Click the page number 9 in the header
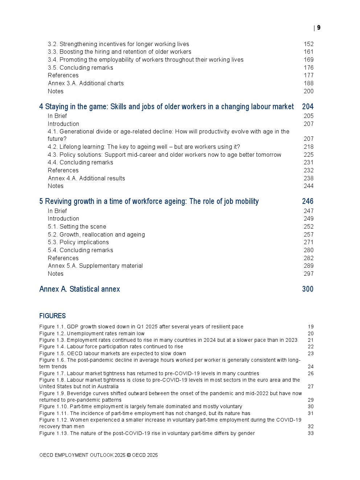[x=319, y=28]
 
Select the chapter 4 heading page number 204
[x=307, y=107]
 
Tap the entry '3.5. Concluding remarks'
[x=80, y=68]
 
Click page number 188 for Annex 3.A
[x=308, y=83]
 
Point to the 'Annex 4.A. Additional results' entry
[x=86, y=179]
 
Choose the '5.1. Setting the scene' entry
[x=77, y=227]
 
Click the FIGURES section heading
[x=52, y=316]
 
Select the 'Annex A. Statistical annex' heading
[x=79, y=289]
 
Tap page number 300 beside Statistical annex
[x=307, y=289]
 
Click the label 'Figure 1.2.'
[x=52, y=334]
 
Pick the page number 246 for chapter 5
[x=307, y=201]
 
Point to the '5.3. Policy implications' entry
[x=78, y=242]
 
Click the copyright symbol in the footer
[x=128, y=455]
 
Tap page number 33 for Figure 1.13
[x=311, y=434]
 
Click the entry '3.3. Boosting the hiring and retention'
[x=119, y=52]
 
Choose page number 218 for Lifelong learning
[x=308, y=147]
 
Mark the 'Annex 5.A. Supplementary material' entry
[x=95, y=266]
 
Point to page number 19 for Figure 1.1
[x=311, y=327]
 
